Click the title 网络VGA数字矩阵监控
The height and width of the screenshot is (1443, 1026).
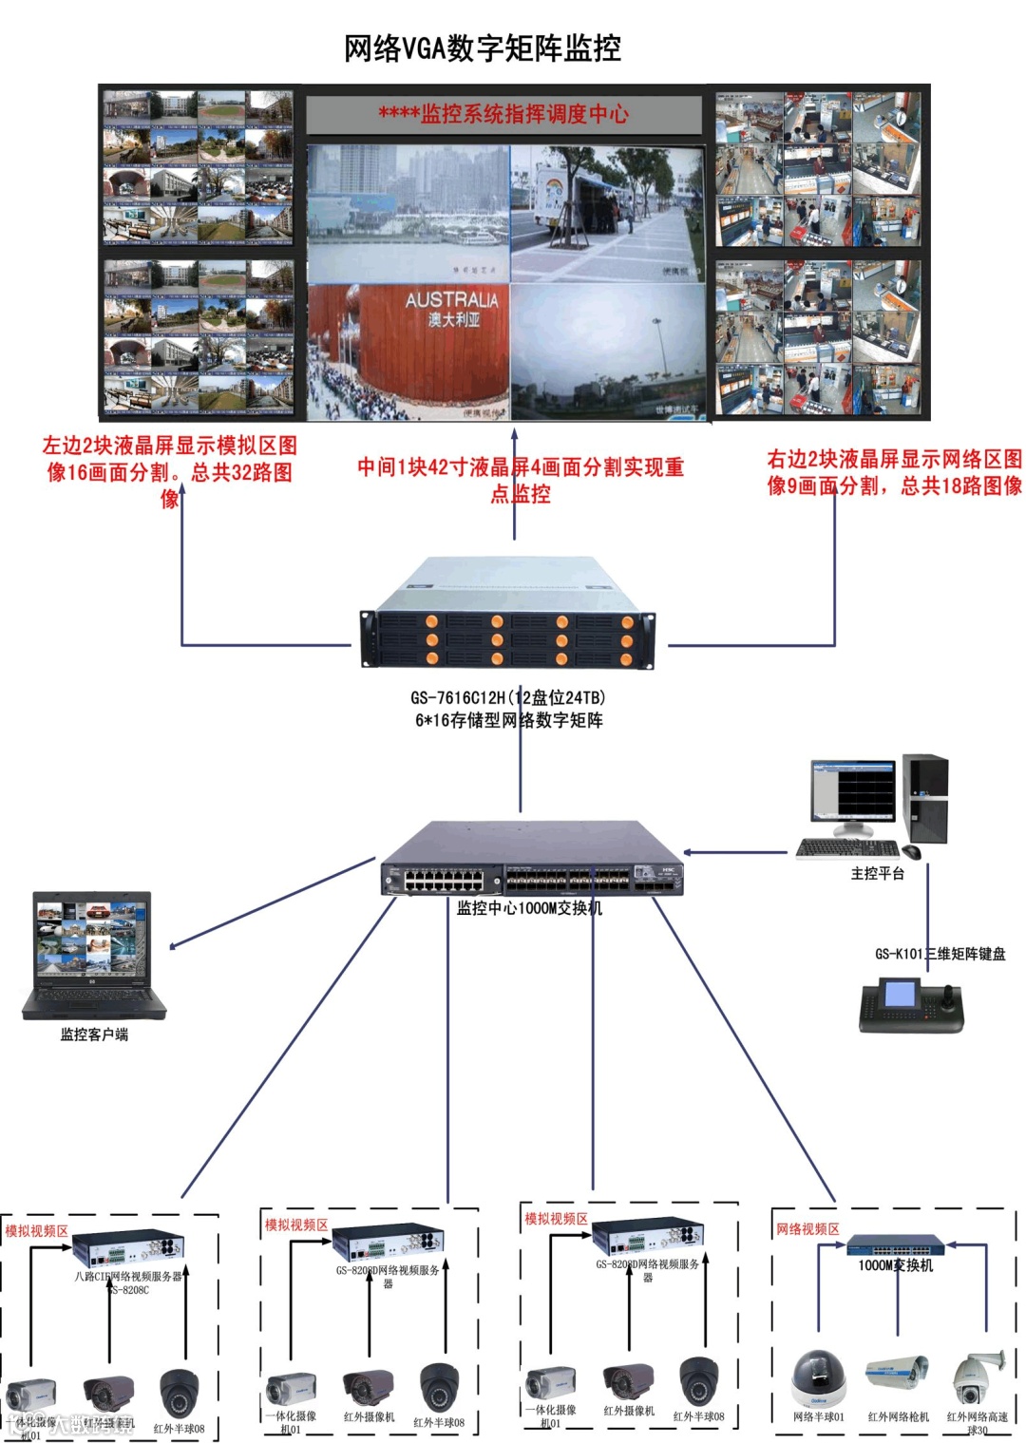(483, 47)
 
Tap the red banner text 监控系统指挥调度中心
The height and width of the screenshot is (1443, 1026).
(503, 114)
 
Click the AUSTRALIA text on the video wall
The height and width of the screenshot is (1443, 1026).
(451, 299)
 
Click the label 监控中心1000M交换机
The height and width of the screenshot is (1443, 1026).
(529, 908)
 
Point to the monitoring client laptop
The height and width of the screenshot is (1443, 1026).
(93, 954)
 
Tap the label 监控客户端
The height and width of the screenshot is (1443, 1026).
(94, 1035)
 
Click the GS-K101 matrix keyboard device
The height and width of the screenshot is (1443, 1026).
(910, 1005)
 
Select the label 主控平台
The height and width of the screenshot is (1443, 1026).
(877, 873)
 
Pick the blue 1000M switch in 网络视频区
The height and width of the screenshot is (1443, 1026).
(896, 1244)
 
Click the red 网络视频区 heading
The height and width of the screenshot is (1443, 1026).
(807, 1229)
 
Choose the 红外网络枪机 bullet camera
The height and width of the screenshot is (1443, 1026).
(898, 1373)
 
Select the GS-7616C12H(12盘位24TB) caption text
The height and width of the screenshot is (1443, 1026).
(507, 697)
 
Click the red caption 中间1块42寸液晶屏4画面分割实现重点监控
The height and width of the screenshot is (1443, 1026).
(520, 480)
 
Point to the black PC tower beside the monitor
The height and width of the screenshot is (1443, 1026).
(925, 798)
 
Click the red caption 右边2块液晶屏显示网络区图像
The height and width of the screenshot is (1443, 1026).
(894, 472)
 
